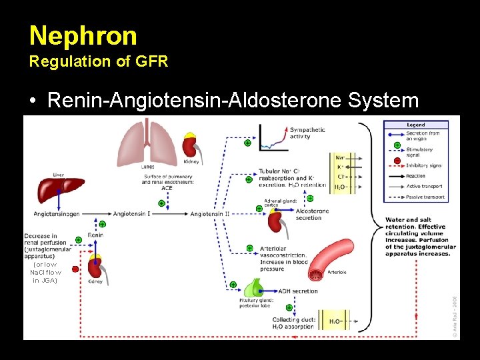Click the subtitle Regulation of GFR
click(99, 62)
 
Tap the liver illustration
click(59, 189)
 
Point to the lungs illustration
click(147, 143)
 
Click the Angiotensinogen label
click(59, 214)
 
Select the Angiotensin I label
click(133, 214)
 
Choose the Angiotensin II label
click(211, 214)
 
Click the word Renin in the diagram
click(95, 235)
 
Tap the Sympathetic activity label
click(307, 133)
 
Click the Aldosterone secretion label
click(312, 214)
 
